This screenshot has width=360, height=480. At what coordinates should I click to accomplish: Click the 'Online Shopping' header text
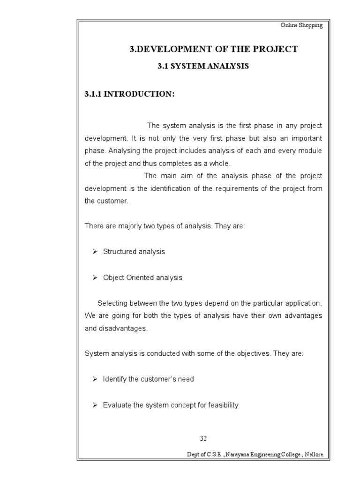[301, 25]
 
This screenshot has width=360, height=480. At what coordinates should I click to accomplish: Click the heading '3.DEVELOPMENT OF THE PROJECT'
[213, 49]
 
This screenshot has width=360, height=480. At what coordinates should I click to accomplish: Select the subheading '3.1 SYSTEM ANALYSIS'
[202, 67]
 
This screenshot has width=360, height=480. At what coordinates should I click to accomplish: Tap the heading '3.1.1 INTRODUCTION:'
[129, 94]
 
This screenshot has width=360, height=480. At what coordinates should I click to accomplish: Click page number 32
[203, 438]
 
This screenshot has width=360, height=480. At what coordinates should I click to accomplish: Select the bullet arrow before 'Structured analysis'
[94, 252]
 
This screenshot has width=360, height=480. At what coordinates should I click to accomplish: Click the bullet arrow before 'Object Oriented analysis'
[94, 277]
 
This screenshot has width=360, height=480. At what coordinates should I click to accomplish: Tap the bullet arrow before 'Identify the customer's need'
[94, 379]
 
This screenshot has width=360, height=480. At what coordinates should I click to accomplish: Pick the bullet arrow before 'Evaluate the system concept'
[94, 405]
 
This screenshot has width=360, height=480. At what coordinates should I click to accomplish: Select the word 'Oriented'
[141, 277]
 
